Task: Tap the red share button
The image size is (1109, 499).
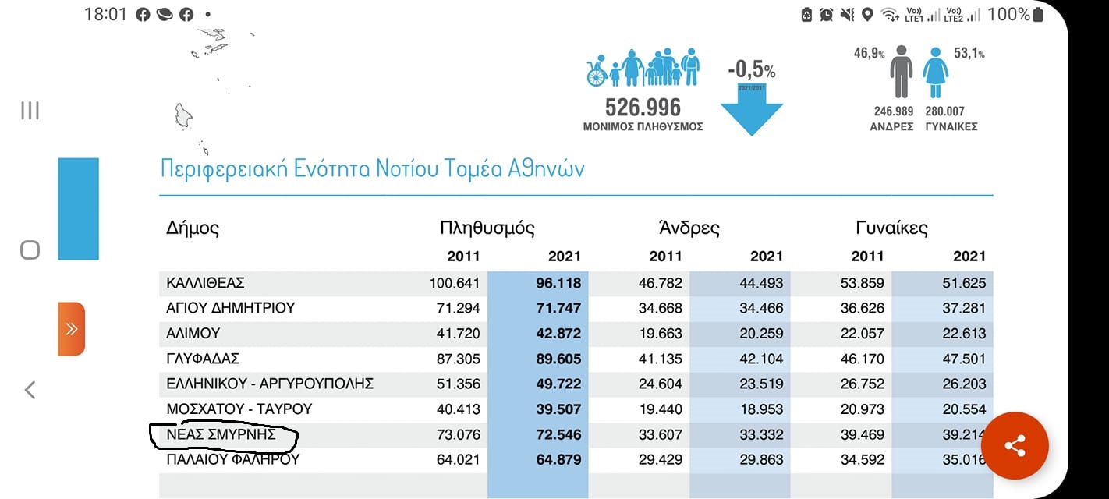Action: [x=1015, y=446]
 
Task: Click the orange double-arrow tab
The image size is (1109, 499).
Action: [x=71, y=328]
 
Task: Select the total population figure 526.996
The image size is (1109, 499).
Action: [x=643, y=107]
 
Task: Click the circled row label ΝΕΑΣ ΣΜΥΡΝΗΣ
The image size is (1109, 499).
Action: [x=221, y=434]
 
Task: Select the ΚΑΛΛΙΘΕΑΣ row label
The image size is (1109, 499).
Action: [x=206, y=283]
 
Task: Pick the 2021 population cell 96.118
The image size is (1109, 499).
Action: [x=558, y=283]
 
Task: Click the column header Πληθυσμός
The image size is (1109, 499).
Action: [x=487, y=228]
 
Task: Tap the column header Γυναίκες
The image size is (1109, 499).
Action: [x=891, y=228]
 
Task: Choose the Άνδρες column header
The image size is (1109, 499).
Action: [x=689, y=228]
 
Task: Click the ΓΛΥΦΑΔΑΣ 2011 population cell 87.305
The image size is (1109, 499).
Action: [x=455, y=359]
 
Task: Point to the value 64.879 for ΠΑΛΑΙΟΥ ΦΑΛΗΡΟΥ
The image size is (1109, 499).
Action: [x=558, y=459]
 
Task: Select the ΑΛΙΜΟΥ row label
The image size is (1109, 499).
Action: [x=193, y=333]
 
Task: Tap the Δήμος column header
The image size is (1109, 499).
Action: [x=193, y=228]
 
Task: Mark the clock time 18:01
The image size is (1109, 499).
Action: [x=105, y=14]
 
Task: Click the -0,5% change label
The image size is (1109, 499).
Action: [x=751, y=70]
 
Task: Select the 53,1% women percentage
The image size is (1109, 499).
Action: [x=969, y=53]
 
